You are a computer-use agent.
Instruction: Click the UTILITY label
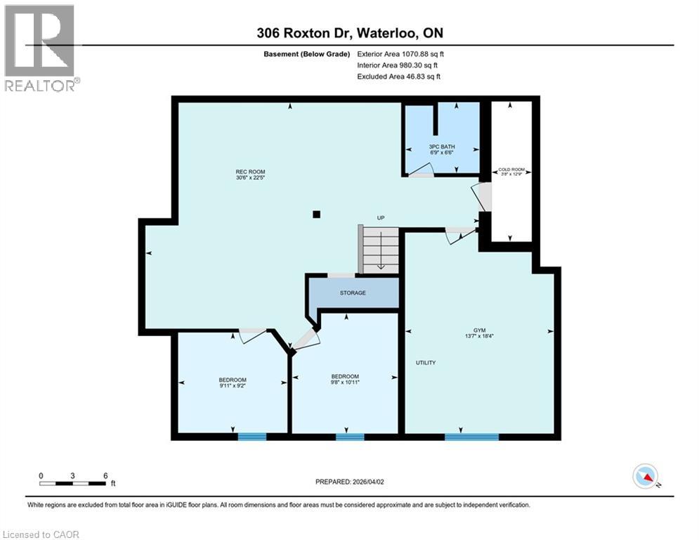[425, 363]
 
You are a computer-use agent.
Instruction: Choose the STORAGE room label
[353, 292]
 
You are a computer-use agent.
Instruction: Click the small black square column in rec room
[317, 214]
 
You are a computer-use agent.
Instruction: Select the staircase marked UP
[379, 249]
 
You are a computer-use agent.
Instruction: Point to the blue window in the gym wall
[471, 437]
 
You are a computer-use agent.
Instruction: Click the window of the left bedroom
[251, 437]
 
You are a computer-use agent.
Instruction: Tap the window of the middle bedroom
[349, 437]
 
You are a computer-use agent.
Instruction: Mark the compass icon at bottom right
[644, 476]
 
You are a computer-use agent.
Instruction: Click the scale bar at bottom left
[73, 483]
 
